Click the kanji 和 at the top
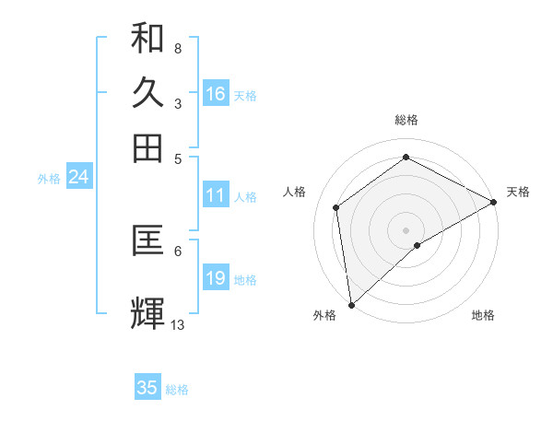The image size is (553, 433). [x=147, y=38]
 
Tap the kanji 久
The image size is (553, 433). [x=147, y=92]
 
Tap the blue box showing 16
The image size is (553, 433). [x=216, y=94]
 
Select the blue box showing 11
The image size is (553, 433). [x=216, y=195]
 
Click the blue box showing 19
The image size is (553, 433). [x=216, y=278]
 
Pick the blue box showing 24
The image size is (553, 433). [x=78, y=178]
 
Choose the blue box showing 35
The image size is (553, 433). [x=147, y=388]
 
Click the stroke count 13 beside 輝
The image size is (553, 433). [x=178, y=324]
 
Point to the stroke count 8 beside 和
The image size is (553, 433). [x=177, y=48]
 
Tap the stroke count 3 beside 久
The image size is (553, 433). [x=177, y=103]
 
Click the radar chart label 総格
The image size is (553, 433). [x=406, y=120]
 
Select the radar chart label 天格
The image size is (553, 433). [x=518, y=192]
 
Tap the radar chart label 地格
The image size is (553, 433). [x=483, y=316]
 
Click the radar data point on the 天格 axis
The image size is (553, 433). [x=494, y=202]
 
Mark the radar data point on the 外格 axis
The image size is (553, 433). [x=351, y=305]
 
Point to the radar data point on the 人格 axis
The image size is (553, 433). [x=336, y=207]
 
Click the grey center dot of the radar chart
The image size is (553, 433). [x=406, y=229]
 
